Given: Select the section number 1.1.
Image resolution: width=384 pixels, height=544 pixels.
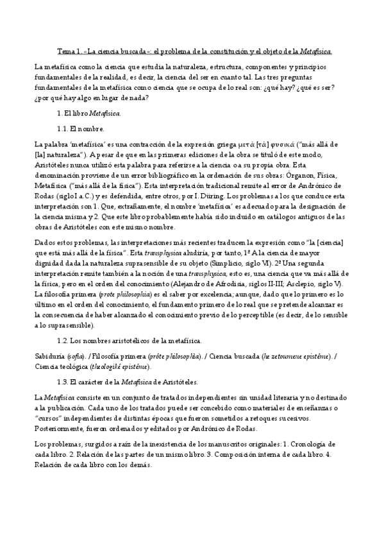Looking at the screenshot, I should (63, 128).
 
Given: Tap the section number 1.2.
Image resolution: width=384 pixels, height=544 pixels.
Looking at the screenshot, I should (63, 339).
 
